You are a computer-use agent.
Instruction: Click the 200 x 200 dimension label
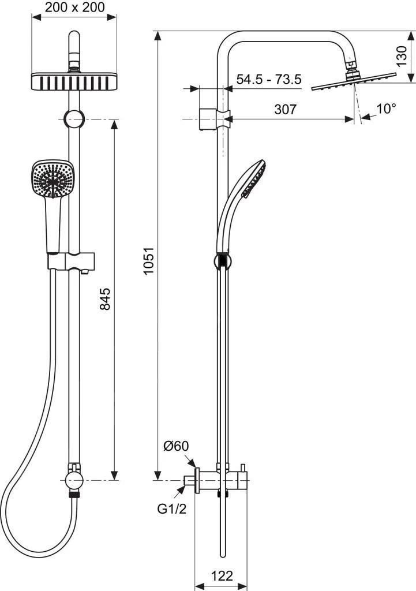[x=75, y=8]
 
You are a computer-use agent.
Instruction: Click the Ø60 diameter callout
[x=176, y=446]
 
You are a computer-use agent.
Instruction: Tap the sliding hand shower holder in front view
[x=70, y=261]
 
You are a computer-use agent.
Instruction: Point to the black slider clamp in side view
[x=223, y=260]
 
